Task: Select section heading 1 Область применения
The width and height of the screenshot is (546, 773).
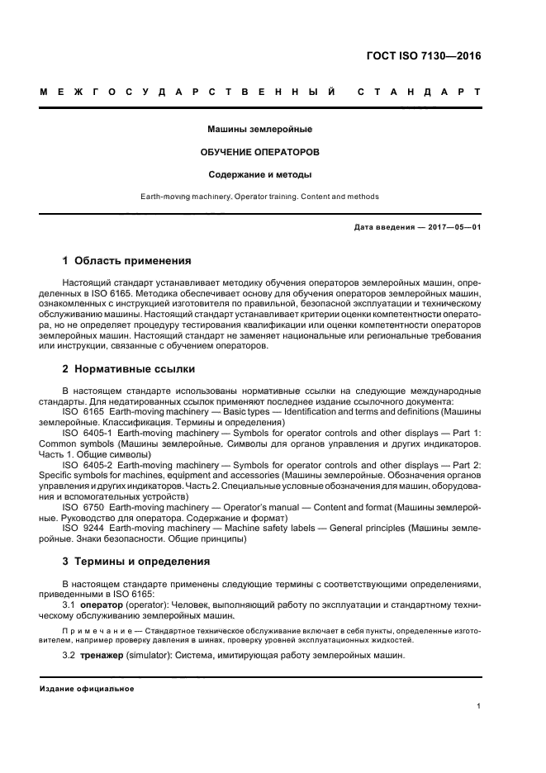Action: pyautogui.click(x=127, y=261)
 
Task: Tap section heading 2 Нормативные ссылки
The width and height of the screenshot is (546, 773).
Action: pyautogui.click(x=129, y=369)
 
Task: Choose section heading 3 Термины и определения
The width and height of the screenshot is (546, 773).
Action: pyautogui.click(x=136, y=561)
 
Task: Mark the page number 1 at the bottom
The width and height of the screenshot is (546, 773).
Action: pyautogui.click(x=479, y=706)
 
